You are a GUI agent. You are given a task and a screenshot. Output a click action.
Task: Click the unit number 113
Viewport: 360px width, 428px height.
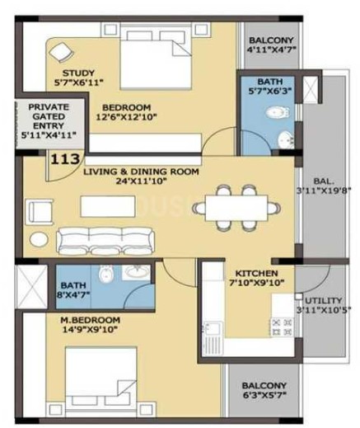(65, 158)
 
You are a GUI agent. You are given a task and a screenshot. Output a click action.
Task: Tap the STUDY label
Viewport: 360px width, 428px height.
(78, 73)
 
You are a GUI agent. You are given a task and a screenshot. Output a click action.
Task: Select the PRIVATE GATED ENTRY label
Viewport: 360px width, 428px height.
(49, 116)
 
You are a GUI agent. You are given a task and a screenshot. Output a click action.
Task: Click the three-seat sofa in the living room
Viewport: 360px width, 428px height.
(105, 241)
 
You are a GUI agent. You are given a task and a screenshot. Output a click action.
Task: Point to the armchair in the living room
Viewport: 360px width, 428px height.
(39, 212)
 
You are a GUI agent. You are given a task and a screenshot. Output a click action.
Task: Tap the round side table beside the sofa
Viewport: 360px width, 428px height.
(39, 240)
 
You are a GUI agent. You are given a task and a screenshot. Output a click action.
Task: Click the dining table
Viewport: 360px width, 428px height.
(236, 208)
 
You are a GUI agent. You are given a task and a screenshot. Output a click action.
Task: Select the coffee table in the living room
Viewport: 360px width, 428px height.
(108, 206)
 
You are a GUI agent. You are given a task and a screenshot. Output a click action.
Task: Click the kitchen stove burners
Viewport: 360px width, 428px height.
(282, 327)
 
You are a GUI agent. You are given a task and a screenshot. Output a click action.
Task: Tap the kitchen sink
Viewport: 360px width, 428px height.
(212, 330)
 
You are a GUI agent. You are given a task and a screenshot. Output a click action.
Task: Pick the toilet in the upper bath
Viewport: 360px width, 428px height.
(278, 112)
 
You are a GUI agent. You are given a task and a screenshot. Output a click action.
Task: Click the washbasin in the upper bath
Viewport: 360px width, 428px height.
(286, 140)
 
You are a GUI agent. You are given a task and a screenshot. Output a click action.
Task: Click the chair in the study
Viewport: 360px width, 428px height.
(62, 53)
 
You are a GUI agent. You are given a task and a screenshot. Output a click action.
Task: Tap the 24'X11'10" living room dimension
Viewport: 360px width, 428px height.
(141, 181)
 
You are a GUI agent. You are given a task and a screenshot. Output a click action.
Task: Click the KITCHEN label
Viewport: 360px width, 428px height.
(257, 274)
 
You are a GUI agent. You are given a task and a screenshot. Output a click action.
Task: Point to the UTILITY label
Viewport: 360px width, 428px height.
(324, 300)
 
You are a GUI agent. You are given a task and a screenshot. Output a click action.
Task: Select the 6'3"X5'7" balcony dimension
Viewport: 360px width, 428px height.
(264, 395)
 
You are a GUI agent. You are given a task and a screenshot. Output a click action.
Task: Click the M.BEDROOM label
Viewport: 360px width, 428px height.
(90, 320)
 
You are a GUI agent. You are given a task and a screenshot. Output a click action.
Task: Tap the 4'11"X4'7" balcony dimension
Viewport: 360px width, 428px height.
(271, 49)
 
